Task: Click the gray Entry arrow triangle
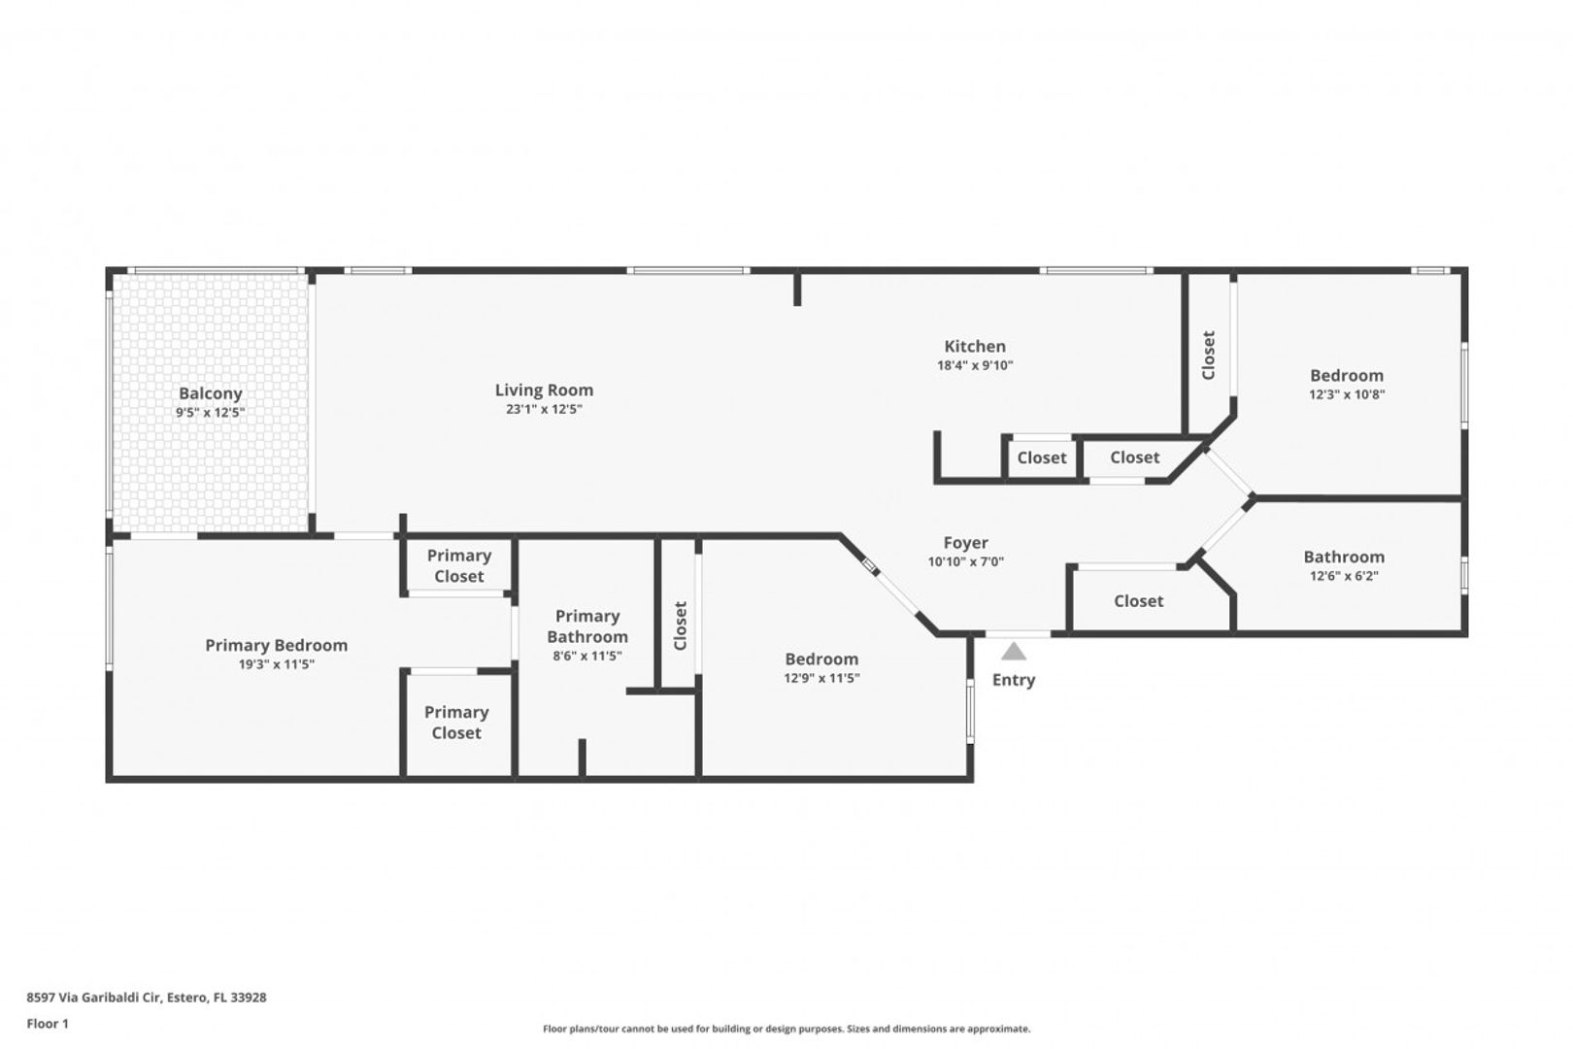(x=1014, y=652)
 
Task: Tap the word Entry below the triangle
(x=1014, y=680)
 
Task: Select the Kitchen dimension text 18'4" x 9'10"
(x=975, y=365)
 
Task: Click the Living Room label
(x=544, y=389)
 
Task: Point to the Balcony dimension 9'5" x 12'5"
(x=210, y=413)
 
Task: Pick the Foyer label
(x=965, y=543)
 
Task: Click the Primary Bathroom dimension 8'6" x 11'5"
(x=587, y=657)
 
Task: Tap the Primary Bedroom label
(x=276, y=646)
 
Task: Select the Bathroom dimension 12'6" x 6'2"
(x=1344, y=576)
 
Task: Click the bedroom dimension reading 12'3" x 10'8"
(x=1347, y=395)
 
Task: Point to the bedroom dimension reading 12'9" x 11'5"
(x=821, y=678)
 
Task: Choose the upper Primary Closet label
(x=459, y=566)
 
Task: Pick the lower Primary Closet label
(x=456, y=723)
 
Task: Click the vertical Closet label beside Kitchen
(x=1209, y=355)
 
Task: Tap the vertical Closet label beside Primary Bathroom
(x=680, y=626)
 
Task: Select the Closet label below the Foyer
(x=1138, y=601)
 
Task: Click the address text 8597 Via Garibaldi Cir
(x=95, y=998)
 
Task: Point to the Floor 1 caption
(x=48, y=1024)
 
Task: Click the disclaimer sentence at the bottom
(x=786, y=1030)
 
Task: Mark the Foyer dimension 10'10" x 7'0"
(x=965, y=562)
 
